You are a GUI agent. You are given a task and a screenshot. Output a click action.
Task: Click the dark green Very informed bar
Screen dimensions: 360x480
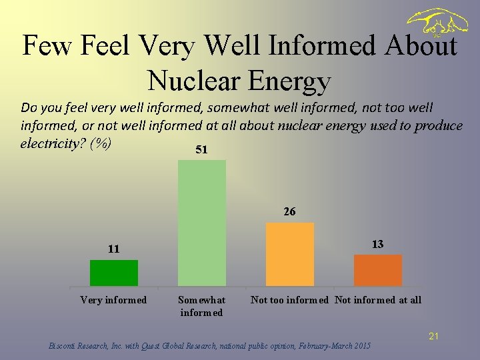click(114, 273)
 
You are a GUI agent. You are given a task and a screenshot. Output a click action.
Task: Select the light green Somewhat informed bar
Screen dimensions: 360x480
click(202, 223)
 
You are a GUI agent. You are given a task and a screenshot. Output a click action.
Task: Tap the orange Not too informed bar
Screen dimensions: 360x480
click(289, 254)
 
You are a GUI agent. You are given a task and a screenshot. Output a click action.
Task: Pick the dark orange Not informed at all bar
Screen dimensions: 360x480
click(377, 270)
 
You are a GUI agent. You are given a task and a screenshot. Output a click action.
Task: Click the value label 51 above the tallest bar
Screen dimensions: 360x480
click(201, 150)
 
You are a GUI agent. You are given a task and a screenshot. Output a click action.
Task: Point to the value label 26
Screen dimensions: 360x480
click(289, 212)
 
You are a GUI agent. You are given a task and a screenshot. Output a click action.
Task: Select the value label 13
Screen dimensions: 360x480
click(377, 244)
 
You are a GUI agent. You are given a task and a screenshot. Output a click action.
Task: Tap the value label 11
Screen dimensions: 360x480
click(114, 249)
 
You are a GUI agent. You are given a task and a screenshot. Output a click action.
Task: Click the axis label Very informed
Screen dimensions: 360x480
click(113, 300)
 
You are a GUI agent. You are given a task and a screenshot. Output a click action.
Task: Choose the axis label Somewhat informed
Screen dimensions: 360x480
click(201, 306)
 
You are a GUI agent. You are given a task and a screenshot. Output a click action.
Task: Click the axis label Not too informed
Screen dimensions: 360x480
click(289, 300)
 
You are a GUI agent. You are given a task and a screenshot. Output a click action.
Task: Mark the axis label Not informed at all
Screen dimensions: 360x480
click(378, 300)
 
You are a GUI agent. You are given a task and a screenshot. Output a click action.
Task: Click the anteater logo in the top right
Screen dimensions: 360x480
click(437, 24)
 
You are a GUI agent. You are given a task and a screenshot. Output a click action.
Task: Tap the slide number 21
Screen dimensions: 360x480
click(433, 337)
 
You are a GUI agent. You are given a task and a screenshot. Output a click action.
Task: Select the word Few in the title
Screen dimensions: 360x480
click(47, 46)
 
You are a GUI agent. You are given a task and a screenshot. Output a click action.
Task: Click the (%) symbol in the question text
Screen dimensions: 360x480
click(99, 143)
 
